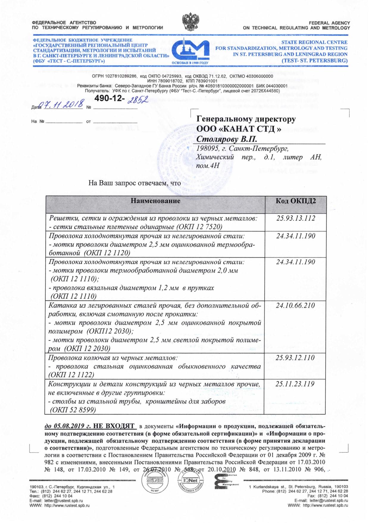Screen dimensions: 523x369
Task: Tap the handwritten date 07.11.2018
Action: point(62,105)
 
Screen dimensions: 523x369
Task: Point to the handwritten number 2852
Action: point(137,100)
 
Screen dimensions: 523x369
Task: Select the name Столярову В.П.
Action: point(227,139)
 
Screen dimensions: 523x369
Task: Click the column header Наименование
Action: point(155,201)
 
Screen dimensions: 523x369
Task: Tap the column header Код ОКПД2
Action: point(295,201)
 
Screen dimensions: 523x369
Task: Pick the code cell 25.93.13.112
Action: point(295,218)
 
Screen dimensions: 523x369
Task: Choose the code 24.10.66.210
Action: point(295,305)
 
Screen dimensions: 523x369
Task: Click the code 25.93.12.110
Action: point(295,358)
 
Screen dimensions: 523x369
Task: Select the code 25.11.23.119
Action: point(295,384)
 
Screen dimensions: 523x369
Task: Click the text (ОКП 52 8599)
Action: point(73,410)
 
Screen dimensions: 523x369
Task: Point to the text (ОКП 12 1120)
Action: point(107,253)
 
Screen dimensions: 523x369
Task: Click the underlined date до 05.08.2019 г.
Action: point(68,426)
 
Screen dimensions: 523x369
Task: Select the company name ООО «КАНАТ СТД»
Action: point(239,129)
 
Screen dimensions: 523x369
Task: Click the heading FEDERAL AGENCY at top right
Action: point(329,23)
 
